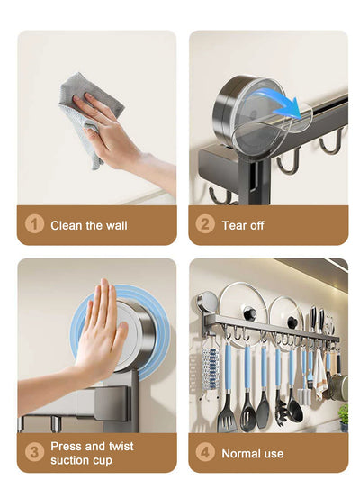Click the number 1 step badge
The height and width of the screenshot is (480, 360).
34,225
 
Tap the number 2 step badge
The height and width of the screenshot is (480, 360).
205,225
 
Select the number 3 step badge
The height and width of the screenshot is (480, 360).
34,453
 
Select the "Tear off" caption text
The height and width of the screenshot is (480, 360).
243,225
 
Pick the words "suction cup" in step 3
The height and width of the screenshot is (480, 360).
82,460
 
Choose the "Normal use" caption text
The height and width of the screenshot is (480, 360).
252,454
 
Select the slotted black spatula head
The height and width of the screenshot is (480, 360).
228,414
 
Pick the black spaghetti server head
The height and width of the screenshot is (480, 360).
294,410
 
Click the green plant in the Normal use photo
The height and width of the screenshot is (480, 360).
343,414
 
